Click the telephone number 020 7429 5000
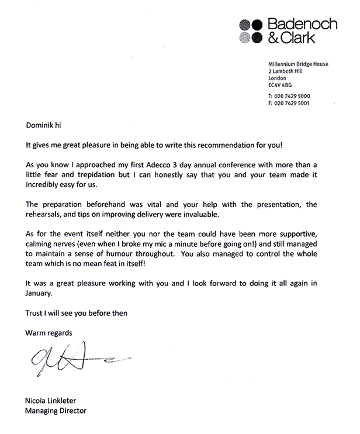(292, 95)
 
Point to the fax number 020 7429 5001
(292, 103)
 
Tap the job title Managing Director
(55, 411)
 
